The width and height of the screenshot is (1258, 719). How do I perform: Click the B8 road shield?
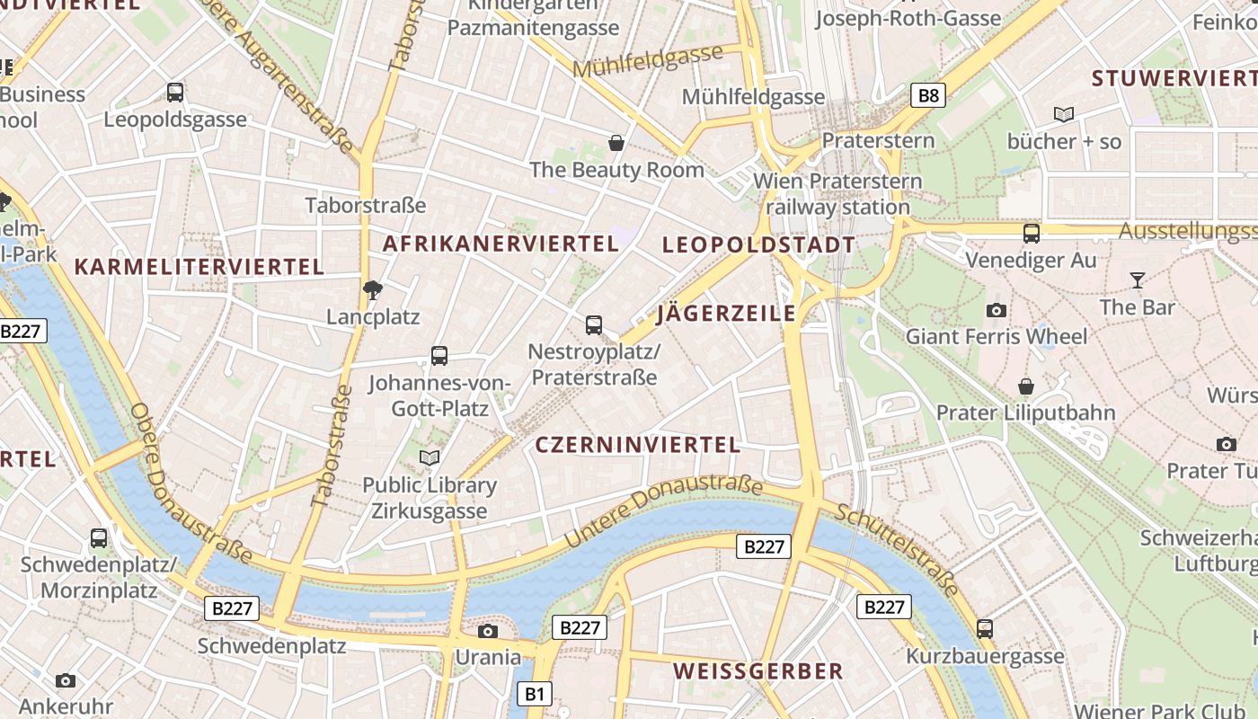coord(928,95)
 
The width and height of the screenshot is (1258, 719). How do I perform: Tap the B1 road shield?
coord(535,694)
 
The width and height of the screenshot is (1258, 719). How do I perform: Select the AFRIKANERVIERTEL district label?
coord(501,244)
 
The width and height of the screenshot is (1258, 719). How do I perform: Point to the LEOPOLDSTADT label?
coord(758,244)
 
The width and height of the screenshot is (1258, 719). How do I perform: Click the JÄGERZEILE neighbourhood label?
coord(726,314)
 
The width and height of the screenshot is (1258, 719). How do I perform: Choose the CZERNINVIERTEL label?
coord(637,445)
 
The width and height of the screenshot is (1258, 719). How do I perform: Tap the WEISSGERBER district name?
coord(757,671)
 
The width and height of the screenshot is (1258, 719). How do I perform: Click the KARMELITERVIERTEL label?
coord(199,267)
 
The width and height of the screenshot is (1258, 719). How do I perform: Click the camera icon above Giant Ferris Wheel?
coord(996,311)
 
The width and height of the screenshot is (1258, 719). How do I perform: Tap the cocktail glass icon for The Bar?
coord(1137,280)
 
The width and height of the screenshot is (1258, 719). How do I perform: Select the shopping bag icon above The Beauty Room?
coord(616,143)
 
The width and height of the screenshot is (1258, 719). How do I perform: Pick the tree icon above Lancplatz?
coord(372,289)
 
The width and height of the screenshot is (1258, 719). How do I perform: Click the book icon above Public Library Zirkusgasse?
coord(430,458)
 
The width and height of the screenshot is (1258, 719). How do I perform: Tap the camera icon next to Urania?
coord(488,631)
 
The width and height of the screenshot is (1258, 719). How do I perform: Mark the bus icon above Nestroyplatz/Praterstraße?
coord(593,325)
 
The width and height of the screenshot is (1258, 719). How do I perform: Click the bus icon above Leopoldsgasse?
coord(175,93)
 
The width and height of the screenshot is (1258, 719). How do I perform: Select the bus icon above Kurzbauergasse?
coord(985,629)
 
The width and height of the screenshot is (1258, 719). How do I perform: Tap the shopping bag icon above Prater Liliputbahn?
coord(1025,387)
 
